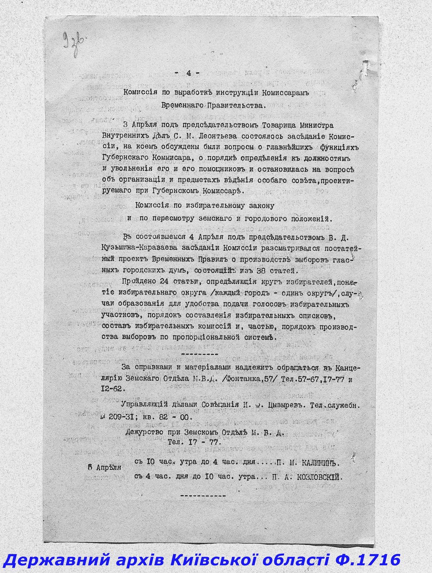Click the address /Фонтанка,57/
[249, 379]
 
